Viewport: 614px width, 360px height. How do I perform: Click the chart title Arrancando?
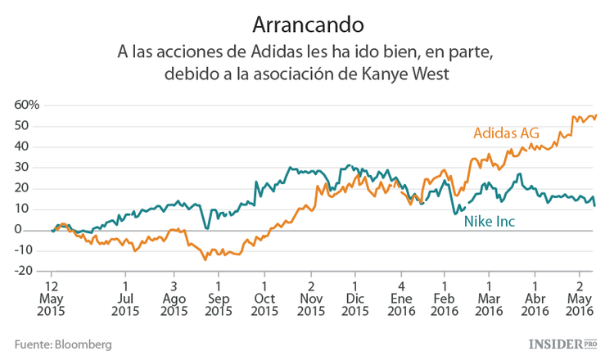[305, 20]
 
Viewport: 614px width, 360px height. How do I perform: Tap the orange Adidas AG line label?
[507, 133]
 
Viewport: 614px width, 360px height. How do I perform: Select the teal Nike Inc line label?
[490, 221]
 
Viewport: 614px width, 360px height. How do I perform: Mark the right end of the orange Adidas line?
[596, 115]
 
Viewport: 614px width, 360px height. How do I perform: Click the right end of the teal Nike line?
[594, 205]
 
